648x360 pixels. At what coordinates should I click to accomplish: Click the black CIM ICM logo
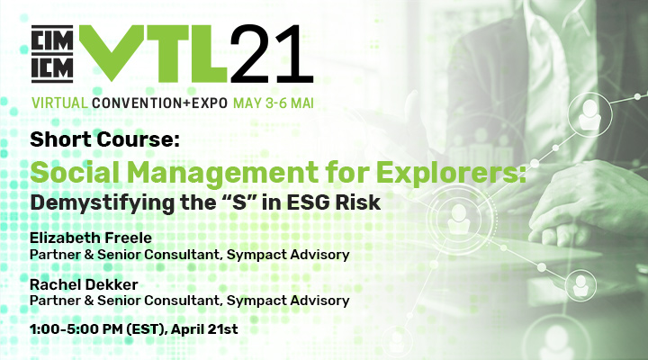coord(52,53)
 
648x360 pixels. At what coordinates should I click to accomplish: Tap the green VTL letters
coord(153,53)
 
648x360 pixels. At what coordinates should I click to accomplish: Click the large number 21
coord(271,53)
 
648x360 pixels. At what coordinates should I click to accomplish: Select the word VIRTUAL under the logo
coord(60,103)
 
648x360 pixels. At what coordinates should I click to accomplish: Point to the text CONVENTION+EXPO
coord(160,103)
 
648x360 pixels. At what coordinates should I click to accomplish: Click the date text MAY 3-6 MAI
coord(274,103)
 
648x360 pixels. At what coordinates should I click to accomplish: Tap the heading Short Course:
coord(105,139)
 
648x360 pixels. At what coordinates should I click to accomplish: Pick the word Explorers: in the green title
coord(451,173)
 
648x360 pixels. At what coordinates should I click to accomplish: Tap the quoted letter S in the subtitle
coord(237,202)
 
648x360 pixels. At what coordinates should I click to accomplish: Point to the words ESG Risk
coord(334,202)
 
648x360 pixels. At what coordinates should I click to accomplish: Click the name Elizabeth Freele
coord(91,238)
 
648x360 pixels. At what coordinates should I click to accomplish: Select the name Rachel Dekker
coord(84,284)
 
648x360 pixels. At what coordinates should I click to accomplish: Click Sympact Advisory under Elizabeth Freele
coord(288,255)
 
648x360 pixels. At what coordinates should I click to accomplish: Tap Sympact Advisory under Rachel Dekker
coord(288,301)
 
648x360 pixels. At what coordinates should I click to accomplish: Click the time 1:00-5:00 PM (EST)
coord(97,329)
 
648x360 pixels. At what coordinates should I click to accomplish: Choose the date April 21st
coord(204,329)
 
